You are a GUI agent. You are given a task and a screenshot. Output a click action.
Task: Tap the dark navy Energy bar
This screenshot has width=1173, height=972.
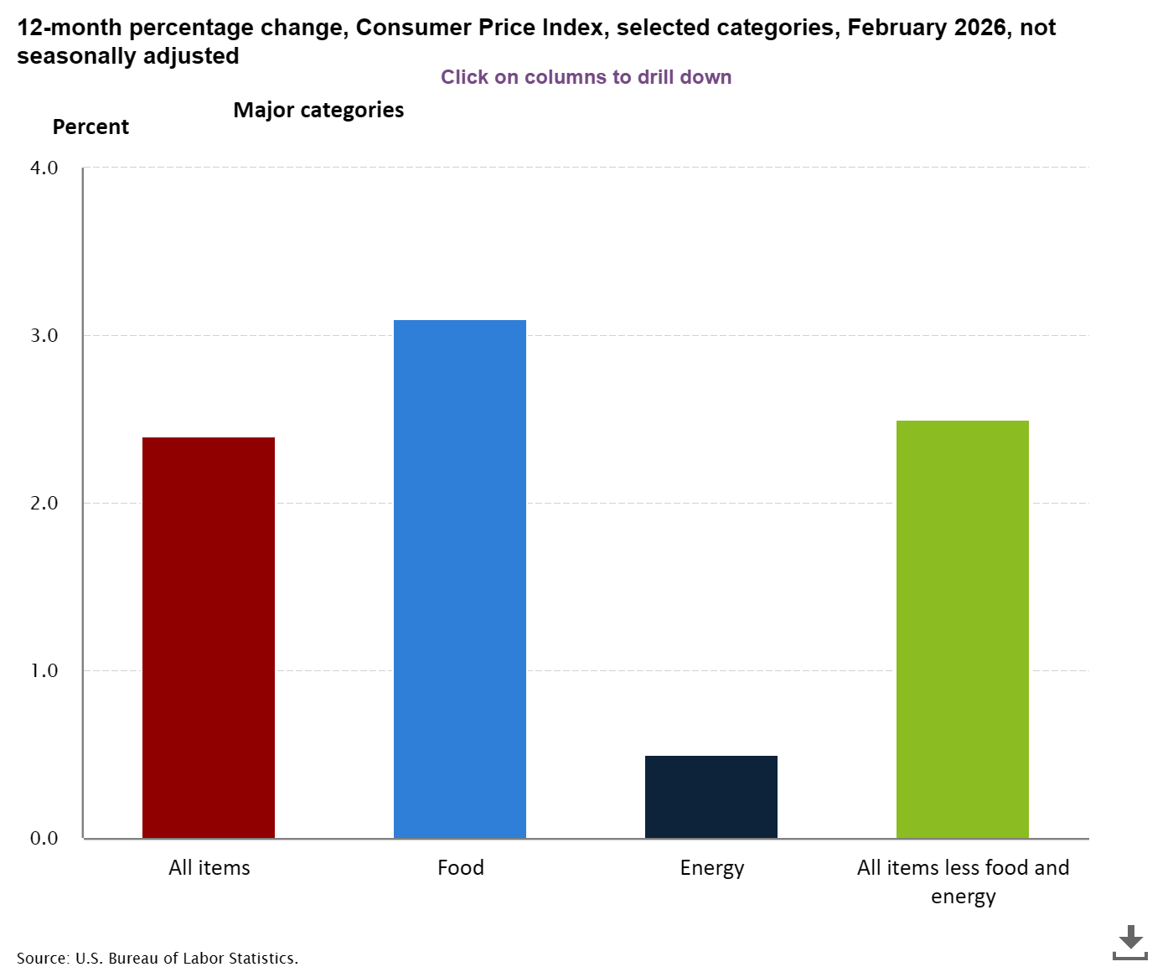(x=711, y=796)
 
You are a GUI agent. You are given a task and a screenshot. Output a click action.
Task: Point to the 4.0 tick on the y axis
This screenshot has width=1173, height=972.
(x=44, y=168)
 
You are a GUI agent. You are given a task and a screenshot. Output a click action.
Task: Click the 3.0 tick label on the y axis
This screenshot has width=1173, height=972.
(x=44, y=335)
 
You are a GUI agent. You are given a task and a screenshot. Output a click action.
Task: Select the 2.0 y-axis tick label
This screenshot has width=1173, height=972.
(x=44, y=503)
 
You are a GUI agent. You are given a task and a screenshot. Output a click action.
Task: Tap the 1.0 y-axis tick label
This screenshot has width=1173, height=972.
(x=44, y=670)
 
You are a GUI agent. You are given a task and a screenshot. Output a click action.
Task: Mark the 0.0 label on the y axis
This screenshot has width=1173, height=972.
(x=44, y=838)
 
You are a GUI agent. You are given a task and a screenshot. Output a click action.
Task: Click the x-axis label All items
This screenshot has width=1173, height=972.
(x=209, y=867)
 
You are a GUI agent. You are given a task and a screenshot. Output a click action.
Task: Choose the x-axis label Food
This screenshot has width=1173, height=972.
(x=461, y=867)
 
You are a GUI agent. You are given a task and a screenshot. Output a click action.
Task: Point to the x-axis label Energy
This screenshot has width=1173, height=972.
(x=712, y=867)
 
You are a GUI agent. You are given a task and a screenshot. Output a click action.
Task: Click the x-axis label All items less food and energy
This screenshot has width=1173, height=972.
(x=964, y=881)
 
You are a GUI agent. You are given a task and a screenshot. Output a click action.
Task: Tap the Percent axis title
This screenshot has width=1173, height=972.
(x=90, y=127)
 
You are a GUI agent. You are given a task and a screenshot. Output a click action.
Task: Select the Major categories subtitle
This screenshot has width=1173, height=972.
(x=318, y=110)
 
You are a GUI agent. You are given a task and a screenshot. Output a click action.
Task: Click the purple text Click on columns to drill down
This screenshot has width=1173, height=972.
(x=586, y=77)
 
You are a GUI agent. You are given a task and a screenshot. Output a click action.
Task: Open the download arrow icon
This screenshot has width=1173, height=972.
(x=1129, y=942)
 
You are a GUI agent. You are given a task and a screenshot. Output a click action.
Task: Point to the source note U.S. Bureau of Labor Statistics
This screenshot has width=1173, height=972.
(x=158, y=958)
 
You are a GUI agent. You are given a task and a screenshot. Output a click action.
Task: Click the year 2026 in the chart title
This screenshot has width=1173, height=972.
(x=980, y=28)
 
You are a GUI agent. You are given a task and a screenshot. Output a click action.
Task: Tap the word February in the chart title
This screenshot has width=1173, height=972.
(x=897, y=28)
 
